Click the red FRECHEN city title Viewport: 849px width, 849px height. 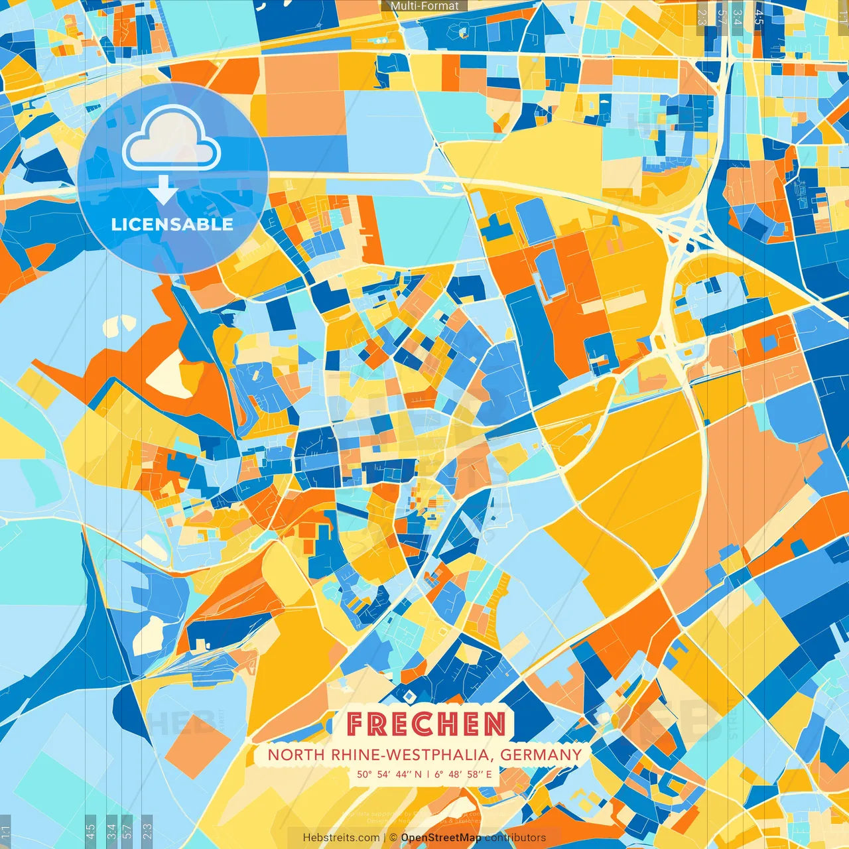pos(426,724)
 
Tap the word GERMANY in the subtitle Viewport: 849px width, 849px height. pos(541,755)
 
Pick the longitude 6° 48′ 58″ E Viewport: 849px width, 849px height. pos(464,774)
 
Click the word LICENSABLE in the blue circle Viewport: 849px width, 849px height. pos(172,224)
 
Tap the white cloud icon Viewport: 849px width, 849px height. pos(172,137)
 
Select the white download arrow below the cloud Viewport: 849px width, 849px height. pos(163,190)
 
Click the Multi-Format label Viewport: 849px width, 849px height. pos(424,6)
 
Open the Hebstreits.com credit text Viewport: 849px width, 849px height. pos(342,838)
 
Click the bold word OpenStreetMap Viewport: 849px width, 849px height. pos(441,838)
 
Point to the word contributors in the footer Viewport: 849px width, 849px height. pos(515,838)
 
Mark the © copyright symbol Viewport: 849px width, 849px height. pos(393,838)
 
